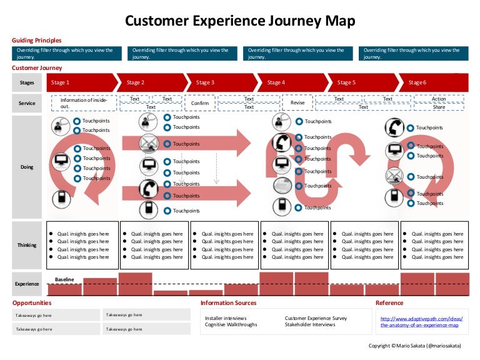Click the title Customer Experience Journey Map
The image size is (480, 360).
click(240, 21)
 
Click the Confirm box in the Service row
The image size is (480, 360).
click(200, 103)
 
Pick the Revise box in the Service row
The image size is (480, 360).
click(297, 103)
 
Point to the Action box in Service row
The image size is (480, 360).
click(439, 99)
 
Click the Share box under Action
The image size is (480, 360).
click(439, 107)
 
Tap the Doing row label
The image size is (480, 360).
click(27, 167)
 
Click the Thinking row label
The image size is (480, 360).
click(27, 245)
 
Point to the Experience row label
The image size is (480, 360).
click(27, 284)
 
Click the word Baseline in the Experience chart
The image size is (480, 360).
click(64, 279)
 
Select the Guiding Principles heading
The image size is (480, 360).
click(37, 40)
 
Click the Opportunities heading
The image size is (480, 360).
click(32, 303)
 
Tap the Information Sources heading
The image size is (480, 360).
click(228, 303)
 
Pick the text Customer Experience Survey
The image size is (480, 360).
click(316, 318)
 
